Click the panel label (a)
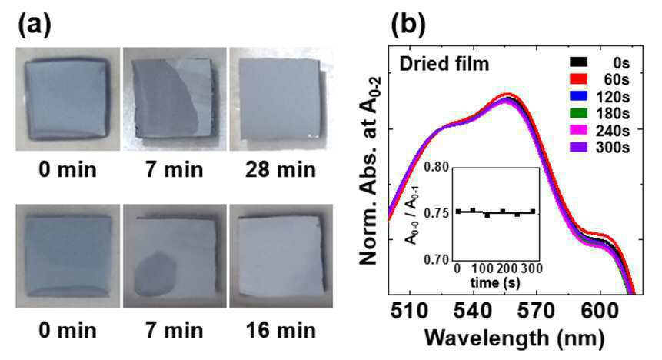coord(34,24)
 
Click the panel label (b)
coord(408,24)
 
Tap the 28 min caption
coord(281,170)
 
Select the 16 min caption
coord(281,331)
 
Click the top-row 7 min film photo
coord(175,99)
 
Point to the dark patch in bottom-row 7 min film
coord(155,274)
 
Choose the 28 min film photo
coord(281,99)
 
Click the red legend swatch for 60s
coord(578,79)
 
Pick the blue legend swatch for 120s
coord(578,96)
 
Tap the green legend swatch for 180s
coord(578,113)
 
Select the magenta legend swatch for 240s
coord(578,130)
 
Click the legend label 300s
coord(613,148)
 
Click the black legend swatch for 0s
coord(578,62)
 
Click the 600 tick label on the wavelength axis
coord(600,312)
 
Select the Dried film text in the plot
coord(444,64)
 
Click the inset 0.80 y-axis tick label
coord(437,167)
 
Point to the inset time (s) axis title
coord(495,282)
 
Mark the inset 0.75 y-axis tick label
coord(437,213)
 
